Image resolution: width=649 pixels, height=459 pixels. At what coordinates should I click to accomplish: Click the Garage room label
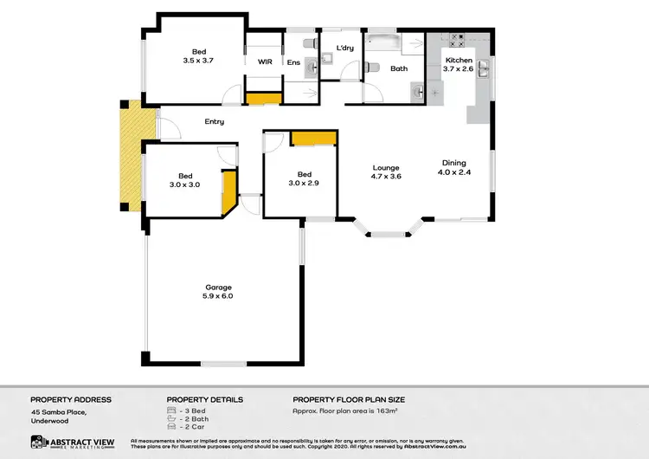pyautogui.click(x=219, y=287)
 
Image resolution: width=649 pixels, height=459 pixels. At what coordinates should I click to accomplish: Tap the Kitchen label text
pyautogui.click(x=459, y=61)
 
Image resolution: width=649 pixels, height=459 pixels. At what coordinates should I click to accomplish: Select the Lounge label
pyautogui.click(x=386, y=168)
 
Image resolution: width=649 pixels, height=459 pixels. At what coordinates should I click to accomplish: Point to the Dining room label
pyautogui.click(x=454, y=163)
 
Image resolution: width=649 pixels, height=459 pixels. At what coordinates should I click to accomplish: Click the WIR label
pyautogui.click(x=265, y=62)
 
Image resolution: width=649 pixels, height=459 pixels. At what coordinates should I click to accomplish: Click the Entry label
pyautogui.click(x=215, y=122)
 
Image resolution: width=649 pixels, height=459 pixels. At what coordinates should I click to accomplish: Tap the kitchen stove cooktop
pyautogui.click(x=458, y=40)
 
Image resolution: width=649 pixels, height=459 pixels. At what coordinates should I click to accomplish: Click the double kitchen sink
pyautogui.click(x=485, y=68)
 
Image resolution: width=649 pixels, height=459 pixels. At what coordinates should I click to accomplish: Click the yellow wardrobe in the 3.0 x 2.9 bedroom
pyautogui.click(x=313, y=139)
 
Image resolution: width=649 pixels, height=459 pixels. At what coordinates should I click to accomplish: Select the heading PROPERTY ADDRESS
pyautogui.click(x=71, y=399)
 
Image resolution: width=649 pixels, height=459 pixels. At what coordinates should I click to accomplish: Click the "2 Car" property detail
pyautogui.click(x=190, y=427)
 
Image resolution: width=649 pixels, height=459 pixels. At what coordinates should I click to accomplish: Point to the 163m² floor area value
pyautogui.click(x=382, y=411)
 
